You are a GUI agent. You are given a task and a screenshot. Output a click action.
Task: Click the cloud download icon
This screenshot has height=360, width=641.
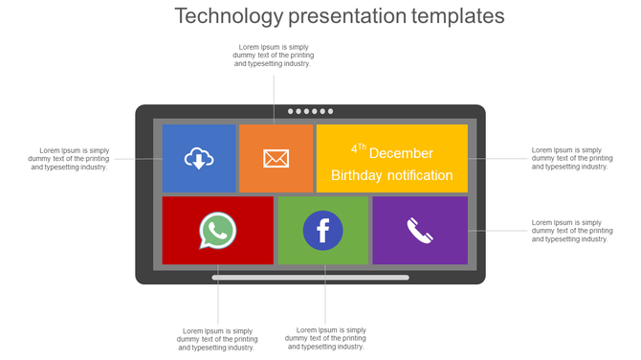198,158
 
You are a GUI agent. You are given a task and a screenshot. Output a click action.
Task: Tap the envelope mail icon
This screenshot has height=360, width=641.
276,158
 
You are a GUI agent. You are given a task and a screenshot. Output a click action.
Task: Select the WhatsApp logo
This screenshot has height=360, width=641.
217,231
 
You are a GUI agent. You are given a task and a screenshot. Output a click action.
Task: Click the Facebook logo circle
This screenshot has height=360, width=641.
322,231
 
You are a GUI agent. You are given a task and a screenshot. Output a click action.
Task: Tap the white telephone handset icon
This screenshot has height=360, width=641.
420,231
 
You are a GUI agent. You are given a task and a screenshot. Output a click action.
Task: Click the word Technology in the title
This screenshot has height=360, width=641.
230,16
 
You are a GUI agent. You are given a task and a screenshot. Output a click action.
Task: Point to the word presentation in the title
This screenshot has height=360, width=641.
343,16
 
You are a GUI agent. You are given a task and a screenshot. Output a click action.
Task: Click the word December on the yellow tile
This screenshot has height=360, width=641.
401,153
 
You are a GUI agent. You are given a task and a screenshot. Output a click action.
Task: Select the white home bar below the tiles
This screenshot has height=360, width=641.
310,278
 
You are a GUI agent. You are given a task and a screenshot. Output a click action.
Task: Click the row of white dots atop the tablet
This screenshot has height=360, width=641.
310,111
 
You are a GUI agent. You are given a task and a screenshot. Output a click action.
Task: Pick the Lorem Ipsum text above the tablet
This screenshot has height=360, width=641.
273,56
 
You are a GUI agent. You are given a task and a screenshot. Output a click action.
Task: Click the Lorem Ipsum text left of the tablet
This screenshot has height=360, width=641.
70,158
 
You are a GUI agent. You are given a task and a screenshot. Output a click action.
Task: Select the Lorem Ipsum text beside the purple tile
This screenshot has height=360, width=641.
570,231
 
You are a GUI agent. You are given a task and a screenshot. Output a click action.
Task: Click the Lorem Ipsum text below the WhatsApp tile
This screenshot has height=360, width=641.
217,339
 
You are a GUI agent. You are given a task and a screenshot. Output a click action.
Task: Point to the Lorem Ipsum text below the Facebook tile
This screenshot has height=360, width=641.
325,338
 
